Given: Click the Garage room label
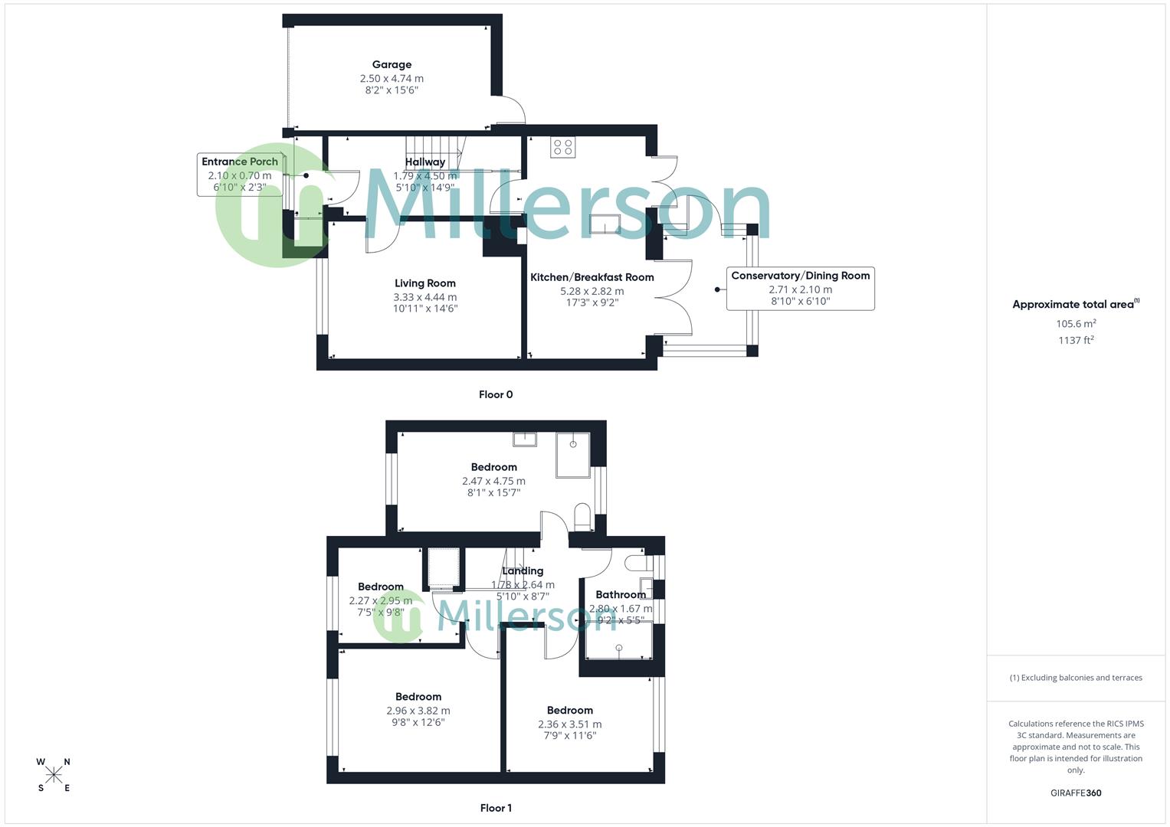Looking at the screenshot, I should tap(392, 65).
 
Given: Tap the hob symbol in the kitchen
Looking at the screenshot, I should tap(563, 147).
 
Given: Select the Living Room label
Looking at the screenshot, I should tap(425, 283).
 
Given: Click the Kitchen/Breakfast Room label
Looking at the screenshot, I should tap(592, 277).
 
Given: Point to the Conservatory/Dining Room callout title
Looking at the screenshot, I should tap(801, 276).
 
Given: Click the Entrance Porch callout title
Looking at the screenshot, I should tap(240, 162).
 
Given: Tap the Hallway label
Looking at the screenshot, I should tap(425, 162).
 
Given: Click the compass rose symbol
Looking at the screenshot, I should tap(54, 775).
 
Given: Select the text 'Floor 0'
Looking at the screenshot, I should tap(496, 395).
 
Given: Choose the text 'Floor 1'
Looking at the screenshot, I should tap(496, 808).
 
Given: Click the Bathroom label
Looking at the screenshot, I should tap(621, 594).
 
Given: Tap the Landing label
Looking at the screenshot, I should tap(523, 570).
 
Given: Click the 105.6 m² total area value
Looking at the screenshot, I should tap(1076, 324).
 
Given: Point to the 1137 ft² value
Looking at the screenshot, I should tap(1076, 341).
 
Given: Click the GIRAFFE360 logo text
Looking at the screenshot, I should tap(1076, 793).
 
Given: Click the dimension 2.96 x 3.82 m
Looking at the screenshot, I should tap(418, 711).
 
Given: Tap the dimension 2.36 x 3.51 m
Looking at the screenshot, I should tap(570, 724).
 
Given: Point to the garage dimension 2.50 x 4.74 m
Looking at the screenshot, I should tap(392, 78).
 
